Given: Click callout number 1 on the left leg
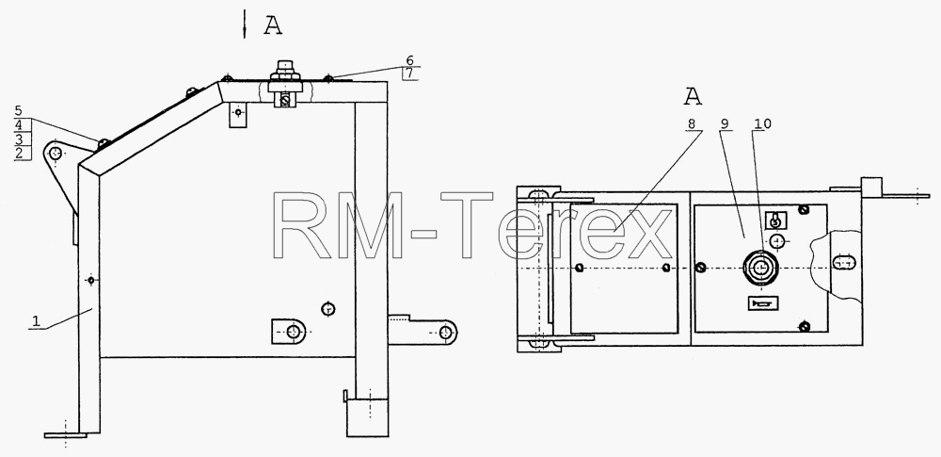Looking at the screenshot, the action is click(x=36, y=321).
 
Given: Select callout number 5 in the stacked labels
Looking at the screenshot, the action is click(x=19, y=110).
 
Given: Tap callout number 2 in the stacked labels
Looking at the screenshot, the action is click(x=19, y=153).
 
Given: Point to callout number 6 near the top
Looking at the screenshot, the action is click(x=410, y=60).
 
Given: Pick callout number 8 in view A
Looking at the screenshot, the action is click(x=692, y=123).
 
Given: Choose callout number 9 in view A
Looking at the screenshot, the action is click(x=725, y=123).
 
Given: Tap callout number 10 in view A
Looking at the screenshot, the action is click(x=763, y=123).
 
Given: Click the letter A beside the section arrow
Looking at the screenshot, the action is click(x=273, y=25).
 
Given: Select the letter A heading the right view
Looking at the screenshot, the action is click(x=693, y=95).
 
